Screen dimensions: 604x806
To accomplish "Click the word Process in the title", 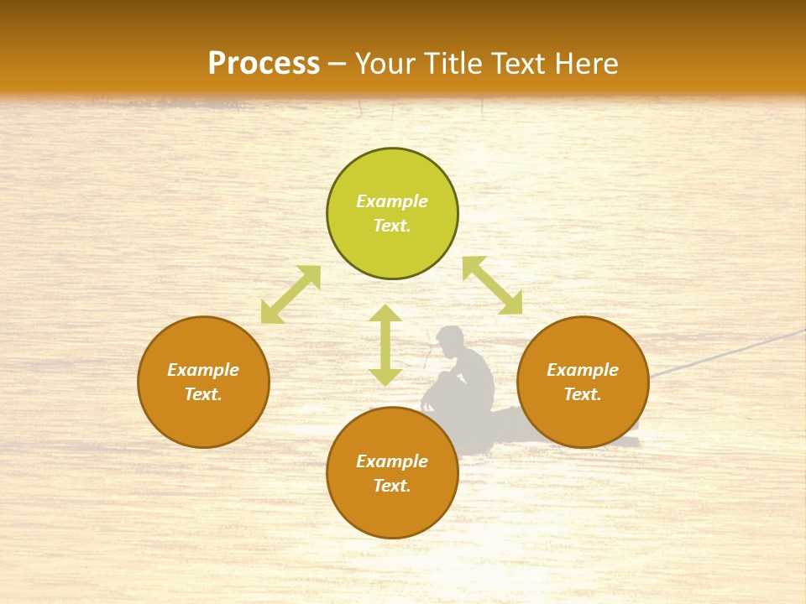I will tap(264, 64).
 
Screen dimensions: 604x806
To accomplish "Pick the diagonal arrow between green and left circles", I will tap(290, 294).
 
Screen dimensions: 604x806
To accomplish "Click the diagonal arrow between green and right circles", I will tap(493, 286).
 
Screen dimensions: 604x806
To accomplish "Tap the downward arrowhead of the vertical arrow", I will tap(385, 377).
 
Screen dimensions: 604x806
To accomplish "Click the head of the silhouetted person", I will tap(449, 339).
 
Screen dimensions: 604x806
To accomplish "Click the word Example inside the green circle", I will tap(392, 201).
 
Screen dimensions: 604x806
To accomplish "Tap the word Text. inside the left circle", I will tap(203, 394).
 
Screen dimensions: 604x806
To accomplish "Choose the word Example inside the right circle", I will tap(583, 370).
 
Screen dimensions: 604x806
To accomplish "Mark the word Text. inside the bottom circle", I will tap(392, 486).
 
